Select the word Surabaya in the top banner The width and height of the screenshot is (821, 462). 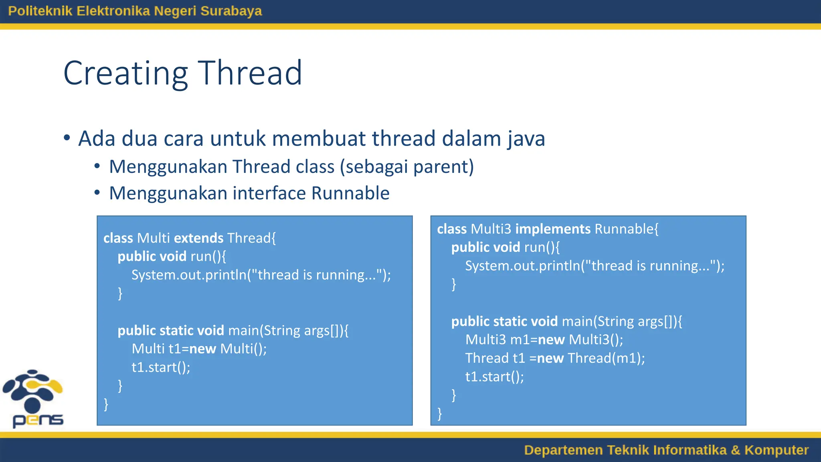[231, 11]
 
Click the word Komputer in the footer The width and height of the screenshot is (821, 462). [776, 450]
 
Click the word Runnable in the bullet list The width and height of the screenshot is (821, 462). [350, 193]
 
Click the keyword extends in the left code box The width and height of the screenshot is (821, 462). [198, 238]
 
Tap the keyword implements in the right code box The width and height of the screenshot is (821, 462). [553, 229]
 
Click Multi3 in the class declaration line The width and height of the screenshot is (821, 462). [491, 229]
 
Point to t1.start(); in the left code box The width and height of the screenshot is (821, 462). [161, 367]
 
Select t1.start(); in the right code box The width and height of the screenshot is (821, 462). [494, 377]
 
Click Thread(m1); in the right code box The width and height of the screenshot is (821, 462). [606, 358]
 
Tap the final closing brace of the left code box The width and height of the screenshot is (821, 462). [106, 404]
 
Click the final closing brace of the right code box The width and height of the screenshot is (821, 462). [440, 413]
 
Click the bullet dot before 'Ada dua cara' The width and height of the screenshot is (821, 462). [67, 138]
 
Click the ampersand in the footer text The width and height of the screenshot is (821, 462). [735, 450]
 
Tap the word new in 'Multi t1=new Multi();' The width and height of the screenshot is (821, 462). [202, 349]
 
